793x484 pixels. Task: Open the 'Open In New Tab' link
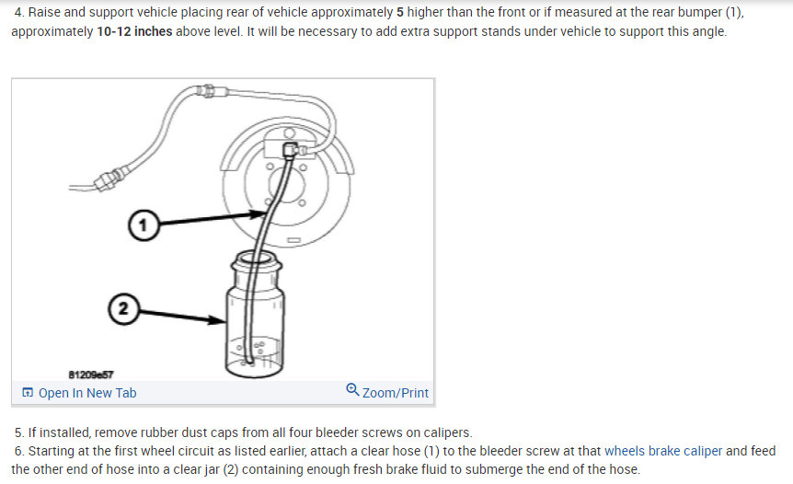click(86, 393)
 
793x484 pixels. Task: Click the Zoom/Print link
click(395, 393)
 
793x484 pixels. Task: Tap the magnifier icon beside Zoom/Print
click(352, 391)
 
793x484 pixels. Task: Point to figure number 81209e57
click(91, 374)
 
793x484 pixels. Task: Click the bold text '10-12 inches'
click(134, 31)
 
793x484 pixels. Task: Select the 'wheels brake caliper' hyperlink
click(662, 451)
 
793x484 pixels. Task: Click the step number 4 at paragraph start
click(19, 13)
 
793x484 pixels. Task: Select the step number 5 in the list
click(19, 432)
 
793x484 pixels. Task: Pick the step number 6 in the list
click(19, 451)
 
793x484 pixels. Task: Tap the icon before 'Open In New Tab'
click(28, 393)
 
